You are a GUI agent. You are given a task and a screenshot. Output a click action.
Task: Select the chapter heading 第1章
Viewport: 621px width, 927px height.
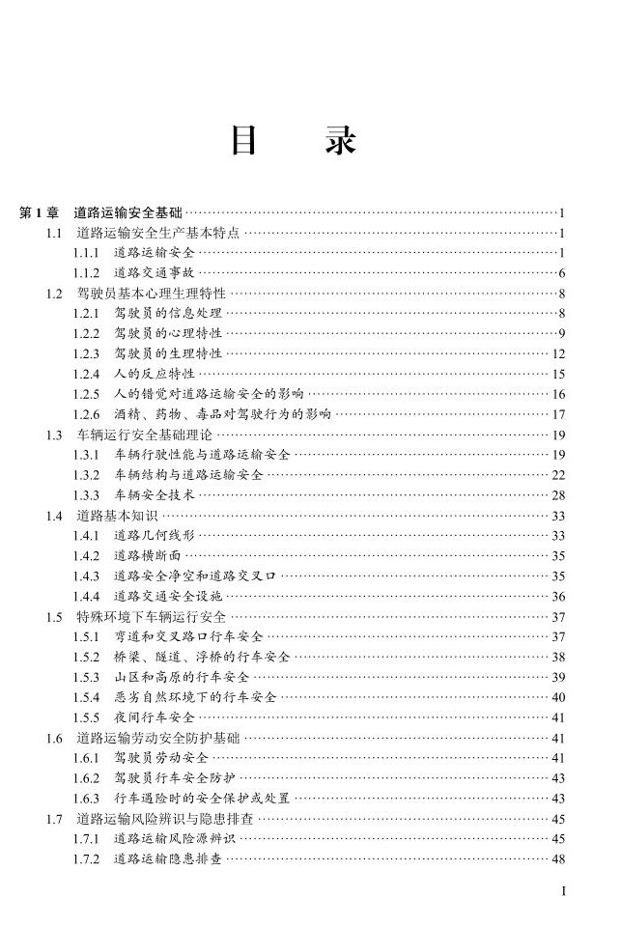(40, 212)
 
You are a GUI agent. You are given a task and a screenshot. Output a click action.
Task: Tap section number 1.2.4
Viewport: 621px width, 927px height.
(86, 374)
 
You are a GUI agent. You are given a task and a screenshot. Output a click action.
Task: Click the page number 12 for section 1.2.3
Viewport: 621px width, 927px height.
(557, 353)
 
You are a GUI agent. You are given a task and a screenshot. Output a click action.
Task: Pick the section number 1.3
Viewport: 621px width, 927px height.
(54, 435)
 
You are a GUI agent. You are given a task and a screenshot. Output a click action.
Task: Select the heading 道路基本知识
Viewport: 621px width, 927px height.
(110, 516)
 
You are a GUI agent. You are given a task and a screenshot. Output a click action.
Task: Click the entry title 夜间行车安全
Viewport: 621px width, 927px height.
(154, 717)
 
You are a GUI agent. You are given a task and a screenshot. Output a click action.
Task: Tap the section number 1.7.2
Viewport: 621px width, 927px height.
(86, 858)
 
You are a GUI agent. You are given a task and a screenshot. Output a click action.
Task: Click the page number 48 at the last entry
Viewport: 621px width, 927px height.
(557, 858)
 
